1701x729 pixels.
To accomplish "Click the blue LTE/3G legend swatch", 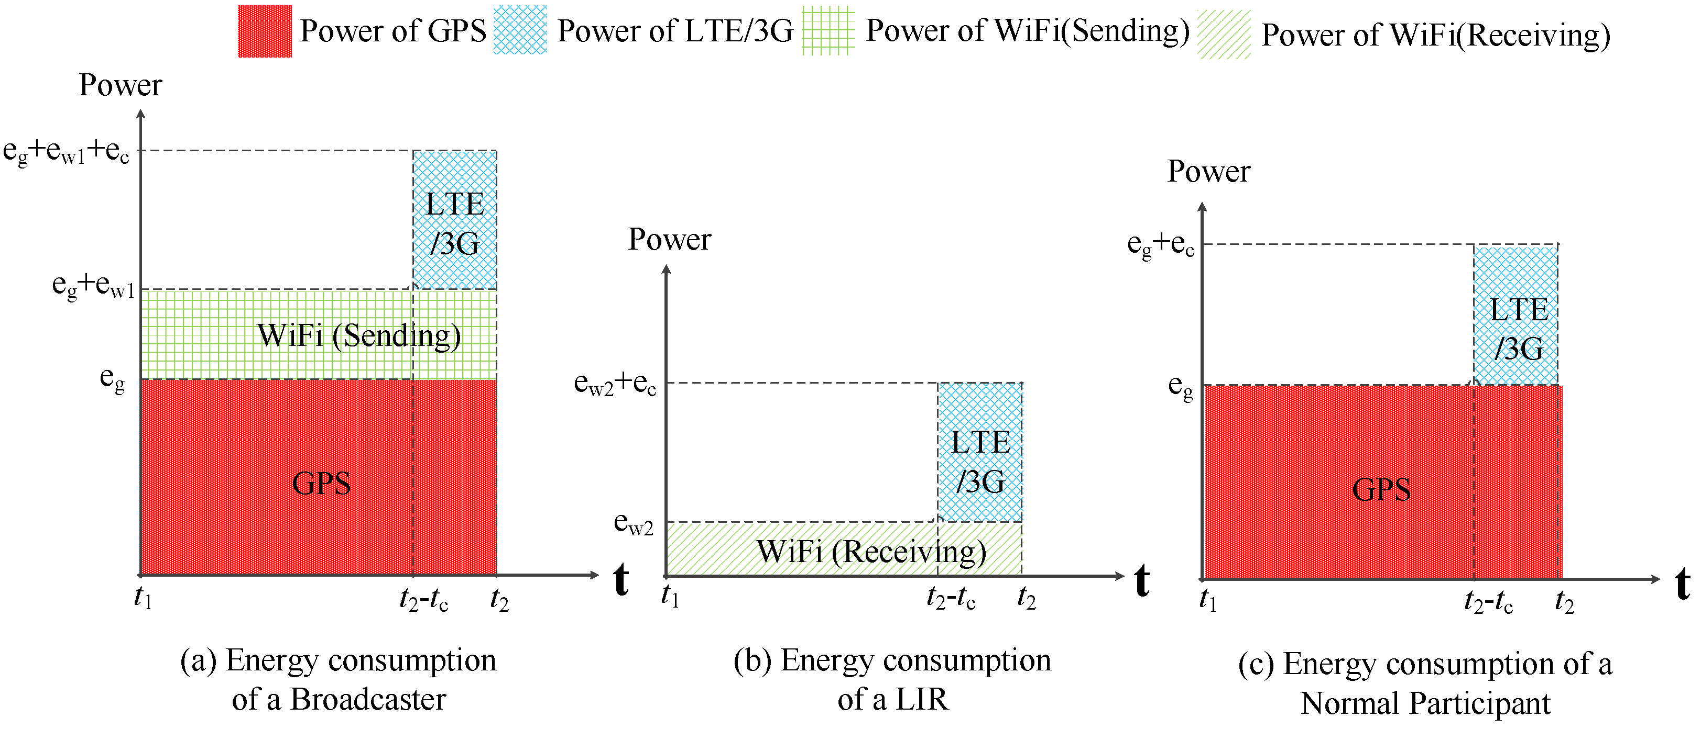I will click(520, 30).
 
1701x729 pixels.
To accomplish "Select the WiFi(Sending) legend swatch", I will click(828, 31).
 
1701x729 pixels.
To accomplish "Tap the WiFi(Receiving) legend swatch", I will click(1224, 35).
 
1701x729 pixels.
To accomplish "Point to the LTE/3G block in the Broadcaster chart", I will click(454, 220).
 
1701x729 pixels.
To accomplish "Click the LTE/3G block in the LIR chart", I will click(980, 453).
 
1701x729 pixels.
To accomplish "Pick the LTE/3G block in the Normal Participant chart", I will click(1516, 316).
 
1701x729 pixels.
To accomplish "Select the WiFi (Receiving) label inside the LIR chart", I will click(871, 552).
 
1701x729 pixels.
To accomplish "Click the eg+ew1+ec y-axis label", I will click(66, 152).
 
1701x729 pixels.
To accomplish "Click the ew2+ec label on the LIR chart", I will click(615, 383).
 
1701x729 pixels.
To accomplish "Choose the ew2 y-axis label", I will click(633, 524).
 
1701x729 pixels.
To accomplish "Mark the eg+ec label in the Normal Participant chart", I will click(1160, 245).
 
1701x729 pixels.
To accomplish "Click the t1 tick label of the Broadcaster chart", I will click(143, 598).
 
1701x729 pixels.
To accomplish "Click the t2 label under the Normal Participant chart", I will click(1564, 602).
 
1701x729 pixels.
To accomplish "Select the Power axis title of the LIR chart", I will click(669, 239).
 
